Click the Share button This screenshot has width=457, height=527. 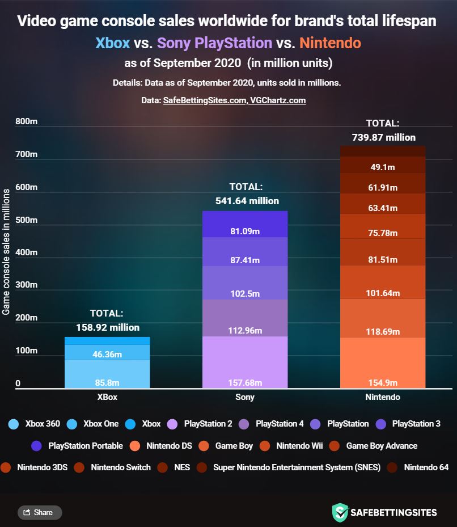(40, 512)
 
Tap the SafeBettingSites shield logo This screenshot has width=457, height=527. (340, 512)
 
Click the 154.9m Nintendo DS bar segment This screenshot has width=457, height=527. (382, 363)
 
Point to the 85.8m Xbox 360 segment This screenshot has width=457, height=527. (107, 374)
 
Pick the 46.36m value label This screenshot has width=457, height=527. (107, 355)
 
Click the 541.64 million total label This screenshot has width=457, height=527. (247, 201)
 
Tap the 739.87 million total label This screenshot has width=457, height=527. (383, 137)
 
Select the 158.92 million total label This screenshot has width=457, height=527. (107, 327)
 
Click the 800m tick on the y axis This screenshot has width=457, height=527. (26, 121)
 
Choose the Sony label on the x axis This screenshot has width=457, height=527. (245, 397)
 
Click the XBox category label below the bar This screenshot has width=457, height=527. (107, 397)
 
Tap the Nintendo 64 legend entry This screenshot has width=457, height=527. (419, 467)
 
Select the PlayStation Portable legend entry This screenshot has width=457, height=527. (79, 445)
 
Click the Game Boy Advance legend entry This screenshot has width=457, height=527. (375, 445)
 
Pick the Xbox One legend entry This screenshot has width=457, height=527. (93, 423)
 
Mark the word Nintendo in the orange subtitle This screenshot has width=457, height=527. (330, 43)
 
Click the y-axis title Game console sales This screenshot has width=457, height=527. (6, 252)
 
